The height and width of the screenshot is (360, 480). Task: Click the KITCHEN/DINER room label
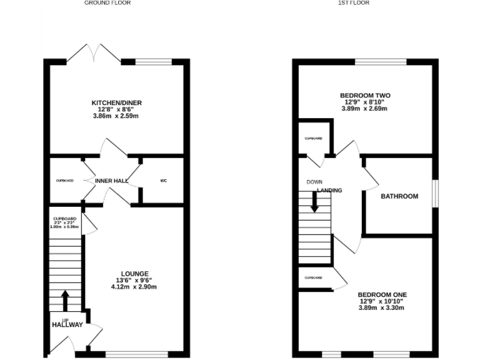(112, 102)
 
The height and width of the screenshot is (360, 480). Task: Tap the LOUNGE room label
(134, 274)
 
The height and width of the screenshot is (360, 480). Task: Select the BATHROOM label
(399, 196)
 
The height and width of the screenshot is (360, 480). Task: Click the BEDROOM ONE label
(382, 294)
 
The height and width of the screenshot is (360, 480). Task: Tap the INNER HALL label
(112, 181)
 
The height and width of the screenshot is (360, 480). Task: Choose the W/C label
(164, 181)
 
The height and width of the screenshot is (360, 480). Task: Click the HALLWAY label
(67, 324)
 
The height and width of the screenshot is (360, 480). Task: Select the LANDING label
(329, 191)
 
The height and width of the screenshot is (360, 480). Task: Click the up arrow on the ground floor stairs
(65, 299)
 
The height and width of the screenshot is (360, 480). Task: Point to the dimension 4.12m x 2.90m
(134, 287)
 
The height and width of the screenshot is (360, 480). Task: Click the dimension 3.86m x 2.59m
(112, 116)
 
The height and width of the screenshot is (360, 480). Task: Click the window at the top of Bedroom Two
(381, 61)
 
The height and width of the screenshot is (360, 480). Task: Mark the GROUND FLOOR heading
(107, 3)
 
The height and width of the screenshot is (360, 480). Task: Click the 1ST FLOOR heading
(354, 3)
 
